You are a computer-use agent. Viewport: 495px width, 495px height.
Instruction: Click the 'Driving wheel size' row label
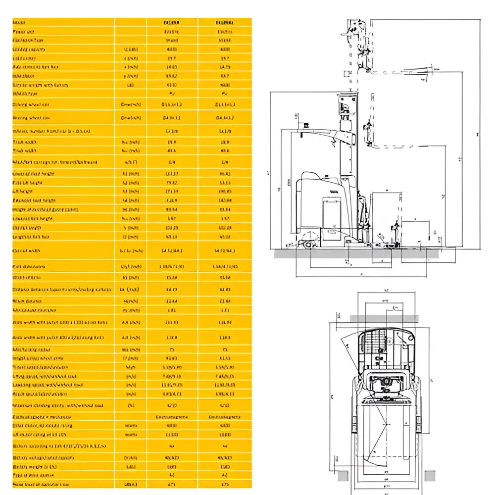[x=31, y=105]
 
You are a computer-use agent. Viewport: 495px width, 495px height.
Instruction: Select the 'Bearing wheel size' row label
[x=31, y=118]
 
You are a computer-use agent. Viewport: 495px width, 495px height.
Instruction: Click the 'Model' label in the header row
[x=19, y=23]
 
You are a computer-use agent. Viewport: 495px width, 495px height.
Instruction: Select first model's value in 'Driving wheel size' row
[x=172, y=105]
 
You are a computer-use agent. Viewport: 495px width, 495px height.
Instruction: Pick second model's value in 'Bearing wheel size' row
[x=225, y=118]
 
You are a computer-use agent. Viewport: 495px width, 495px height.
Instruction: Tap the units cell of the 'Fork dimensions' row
[x=130, y=266]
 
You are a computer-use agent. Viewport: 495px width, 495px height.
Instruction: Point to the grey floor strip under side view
[x=356, y=253]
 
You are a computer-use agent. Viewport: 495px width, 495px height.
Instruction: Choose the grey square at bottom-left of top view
[x=343, y=476]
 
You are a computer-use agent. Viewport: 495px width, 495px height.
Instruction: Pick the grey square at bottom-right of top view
[x=430, y=476]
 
